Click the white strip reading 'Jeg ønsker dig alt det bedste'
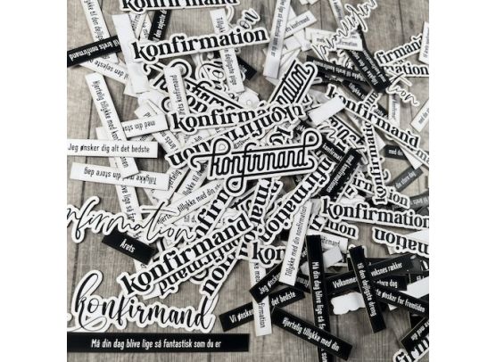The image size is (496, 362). click(112, 147)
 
